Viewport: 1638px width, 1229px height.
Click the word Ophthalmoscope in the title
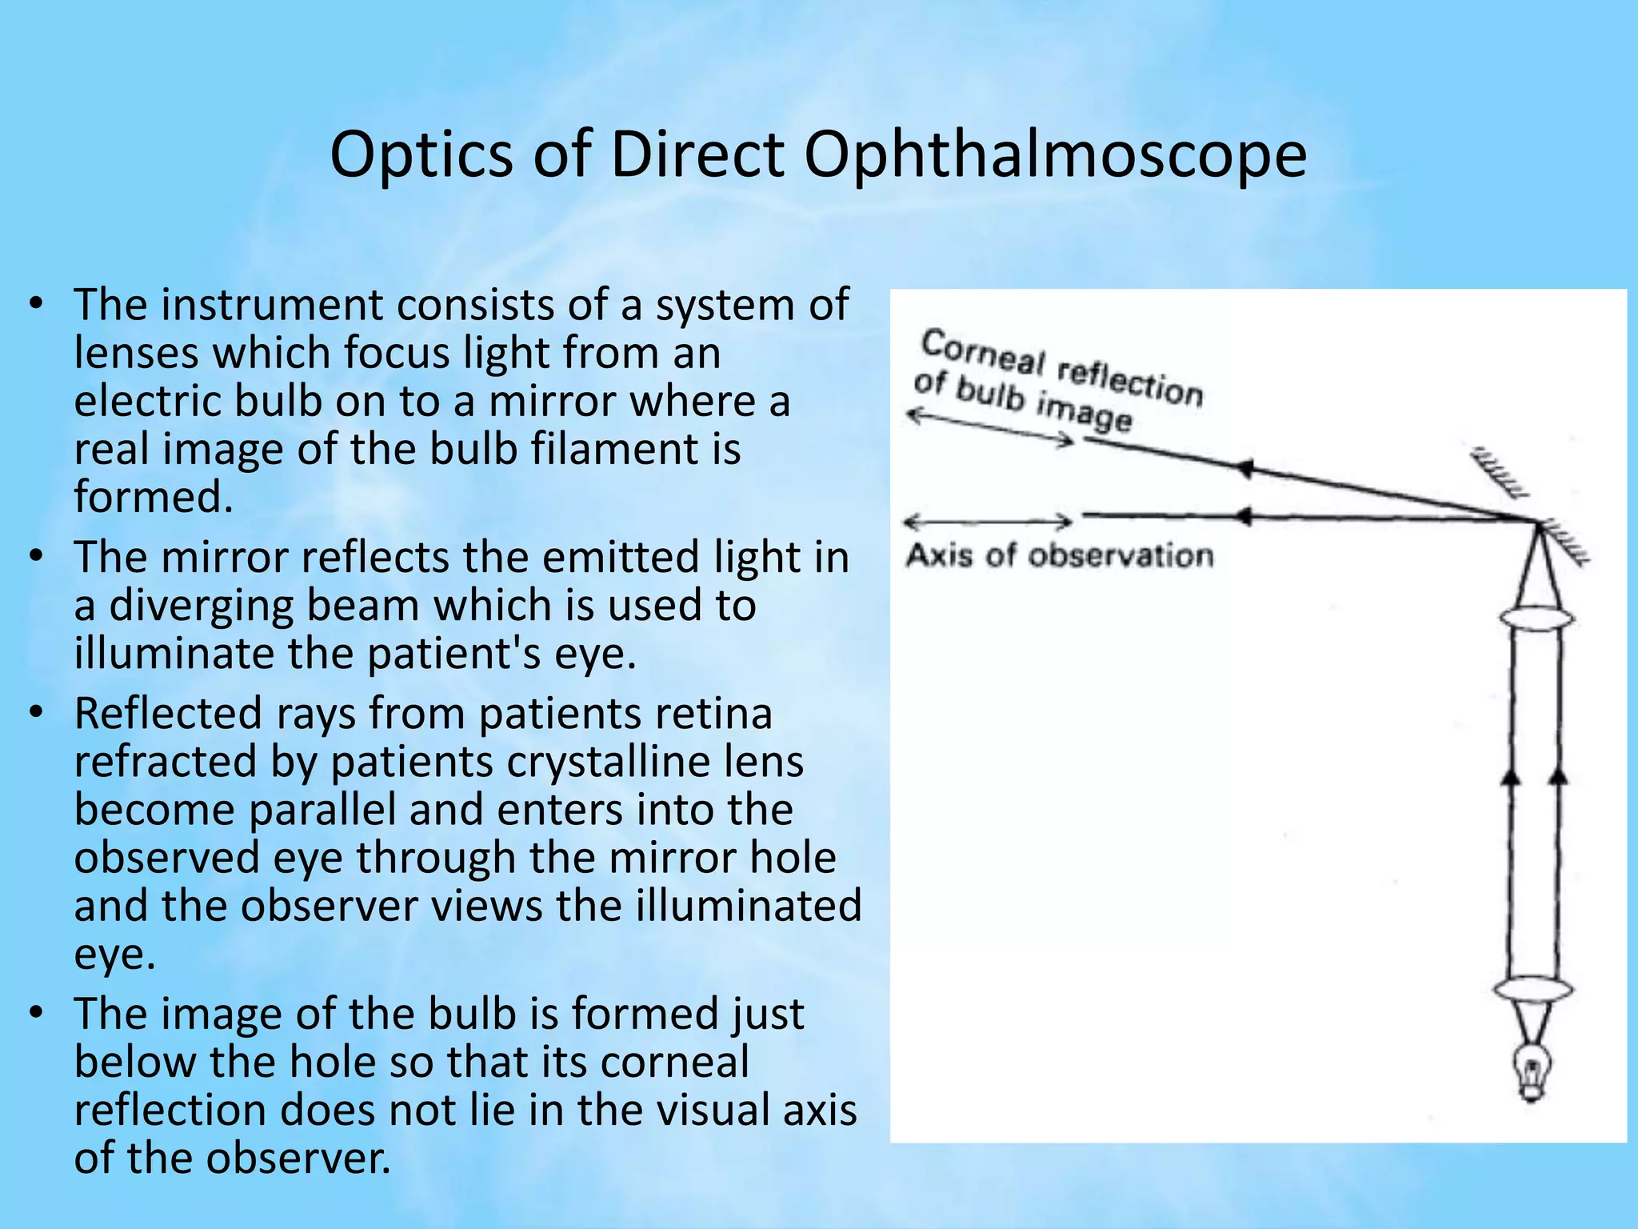coord(1055,154)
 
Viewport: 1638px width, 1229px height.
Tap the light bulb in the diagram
coord(1532,1072)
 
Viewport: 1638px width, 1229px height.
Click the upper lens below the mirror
coord(1536,619)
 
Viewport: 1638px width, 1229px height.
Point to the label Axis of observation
coord(1059,555)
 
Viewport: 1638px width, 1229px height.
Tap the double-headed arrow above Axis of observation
coord(988,522)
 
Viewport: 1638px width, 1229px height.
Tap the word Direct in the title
coord(697,154)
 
